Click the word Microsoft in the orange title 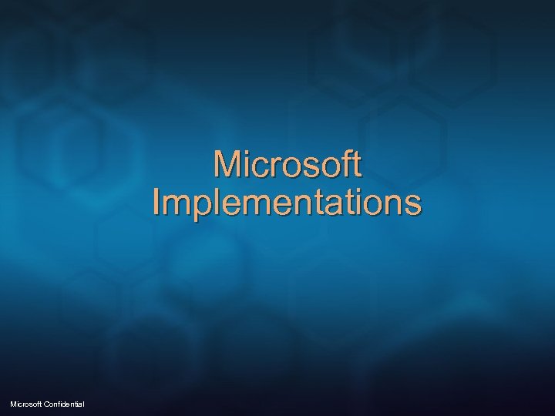pyautogui.click(x=288, y=164)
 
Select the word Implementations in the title pyautogui.click(x=288, y=203)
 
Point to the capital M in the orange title pyautogui.click(x=228, y=164)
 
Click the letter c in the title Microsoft pyautogui.click(x=261, y=166)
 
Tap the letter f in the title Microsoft pyautogui.click(x=341, y=163)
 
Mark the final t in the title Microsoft pyautogui.click(x=354, y=165)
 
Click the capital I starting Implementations pyautogui.click(x=156, y=203)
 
